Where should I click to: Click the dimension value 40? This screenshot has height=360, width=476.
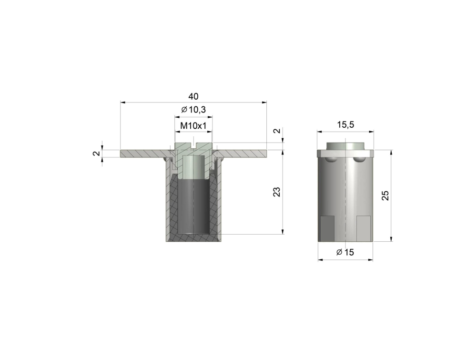193,96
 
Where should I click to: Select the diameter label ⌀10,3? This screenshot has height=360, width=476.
193,110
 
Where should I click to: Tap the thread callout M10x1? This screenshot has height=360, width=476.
193,125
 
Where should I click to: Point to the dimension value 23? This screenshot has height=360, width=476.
277,192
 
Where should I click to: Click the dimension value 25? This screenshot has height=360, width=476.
385,195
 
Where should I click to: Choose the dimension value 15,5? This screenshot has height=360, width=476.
345,124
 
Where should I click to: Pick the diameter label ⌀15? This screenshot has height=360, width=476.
345,252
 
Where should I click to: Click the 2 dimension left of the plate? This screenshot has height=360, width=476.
97,154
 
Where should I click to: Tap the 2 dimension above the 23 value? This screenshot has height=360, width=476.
277,131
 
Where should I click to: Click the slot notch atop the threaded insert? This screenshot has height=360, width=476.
193,145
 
